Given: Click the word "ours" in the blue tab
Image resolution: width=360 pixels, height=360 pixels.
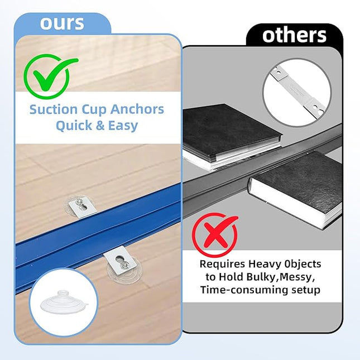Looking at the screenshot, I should (x=61, y=23).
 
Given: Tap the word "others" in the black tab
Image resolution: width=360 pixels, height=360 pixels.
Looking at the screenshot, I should (x=294, y=35).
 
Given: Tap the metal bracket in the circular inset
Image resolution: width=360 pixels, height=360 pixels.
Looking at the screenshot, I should (x=296, y=93).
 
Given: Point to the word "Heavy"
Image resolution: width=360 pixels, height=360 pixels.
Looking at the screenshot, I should (x=266, y=263).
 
